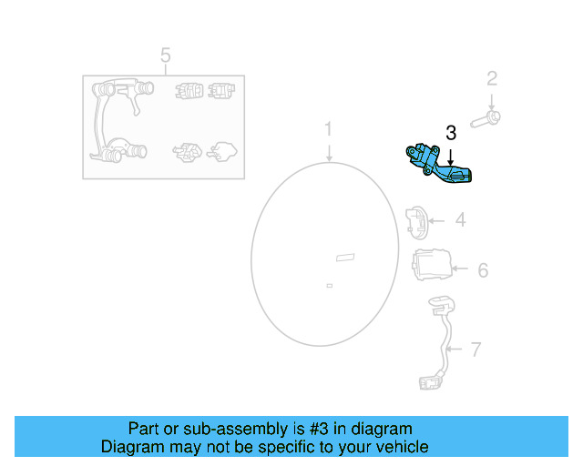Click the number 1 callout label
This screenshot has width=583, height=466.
(x=329, y=130)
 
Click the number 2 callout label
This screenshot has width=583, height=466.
(x=492, y=79)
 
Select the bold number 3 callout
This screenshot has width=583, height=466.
(x=450, y=133)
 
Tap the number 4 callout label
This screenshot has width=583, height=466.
(x=461, y=219)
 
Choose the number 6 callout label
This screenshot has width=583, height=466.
(x=483, y=270)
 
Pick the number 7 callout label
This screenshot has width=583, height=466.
(x=476, y=349)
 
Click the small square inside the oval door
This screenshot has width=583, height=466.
(x=329, y=285)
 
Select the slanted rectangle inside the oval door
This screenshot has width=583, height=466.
(x=345, y=258)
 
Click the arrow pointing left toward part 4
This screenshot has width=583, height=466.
(x=438, y=219)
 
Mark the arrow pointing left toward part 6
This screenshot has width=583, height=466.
(x=461, y=269)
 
